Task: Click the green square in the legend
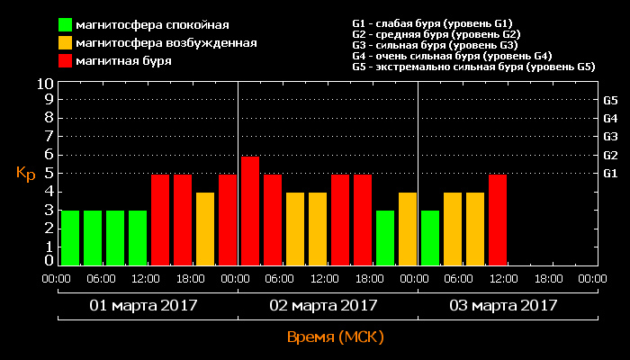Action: tap(66, 24)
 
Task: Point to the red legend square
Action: tap(66, 61)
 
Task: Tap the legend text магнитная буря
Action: tap(124, 61)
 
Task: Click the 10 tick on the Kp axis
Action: tap(45, 83)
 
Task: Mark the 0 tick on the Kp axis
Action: tap(49, 261)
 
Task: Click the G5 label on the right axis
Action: tap(609, 100)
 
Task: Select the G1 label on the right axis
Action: tap(609, 173)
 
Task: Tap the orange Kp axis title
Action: tap(25, 174)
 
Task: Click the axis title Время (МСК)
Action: tap(335, 337)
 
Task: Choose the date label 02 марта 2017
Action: tap(323, 305)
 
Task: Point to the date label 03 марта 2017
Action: tap(503, 305)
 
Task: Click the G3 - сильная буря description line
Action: tap(435, 45)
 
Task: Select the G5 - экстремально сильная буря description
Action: tap(473, 67)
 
